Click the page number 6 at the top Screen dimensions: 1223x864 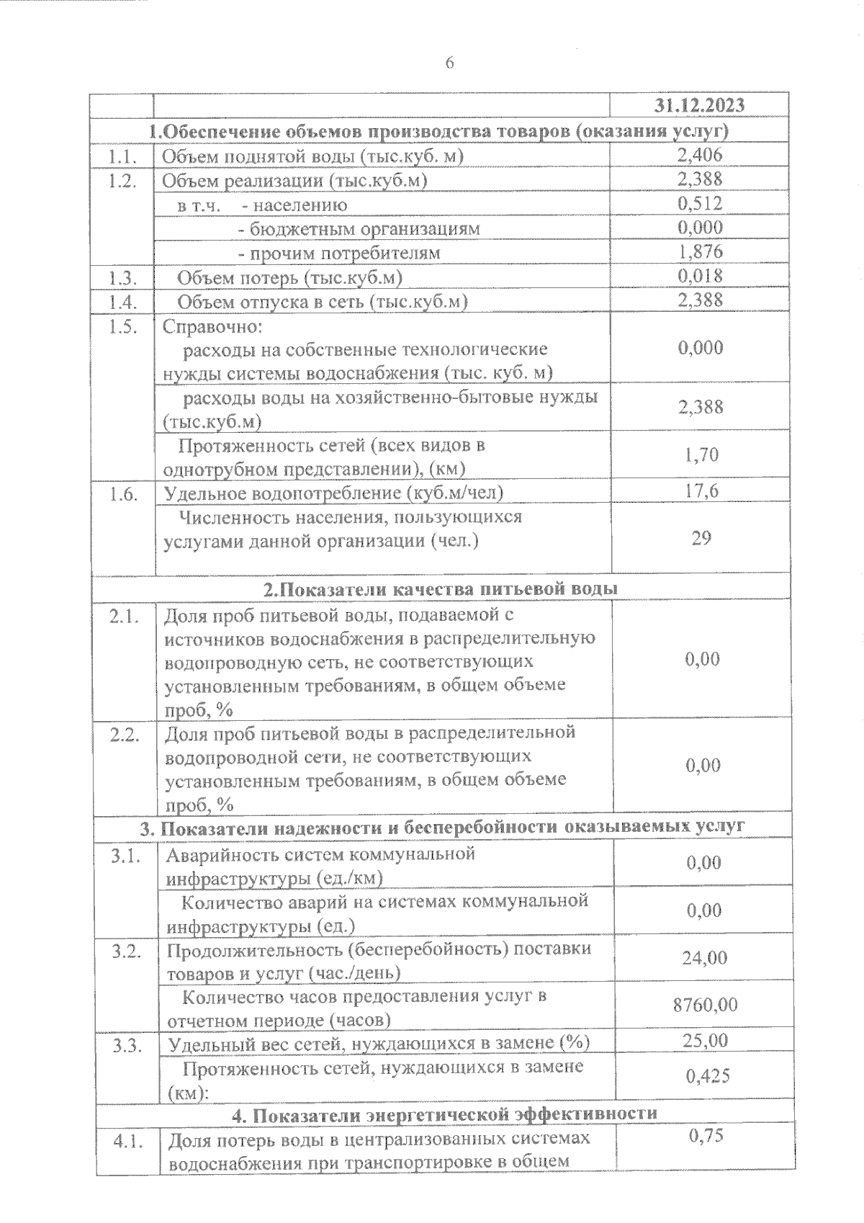[449, 63]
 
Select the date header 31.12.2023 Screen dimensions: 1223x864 [699, 106]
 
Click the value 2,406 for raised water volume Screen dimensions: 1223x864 [700, 155]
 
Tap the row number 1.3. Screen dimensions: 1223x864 [122, 277]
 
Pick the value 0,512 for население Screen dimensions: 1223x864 [700, 204]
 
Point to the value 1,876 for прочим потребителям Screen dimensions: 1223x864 [700, 252]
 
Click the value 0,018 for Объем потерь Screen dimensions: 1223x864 [700, 276]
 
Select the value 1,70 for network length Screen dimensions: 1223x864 [700, 454]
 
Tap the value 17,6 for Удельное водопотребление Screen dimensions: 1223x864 [700, 491]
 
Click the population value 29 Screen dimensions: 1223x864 [701, 537]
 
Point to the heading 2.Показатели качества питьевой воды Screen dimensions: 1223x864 [440, 588]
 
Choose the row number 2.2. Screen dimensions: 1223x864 [125, 735]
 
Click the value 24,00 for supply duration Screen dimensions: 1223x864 [704, 958]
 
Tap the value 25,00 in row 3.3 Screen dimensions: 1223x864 [706, 1041]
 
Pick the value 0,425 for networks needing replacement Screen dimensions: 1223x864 [707, 1076]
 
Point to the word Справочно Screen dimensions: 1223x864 [212, 326]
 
